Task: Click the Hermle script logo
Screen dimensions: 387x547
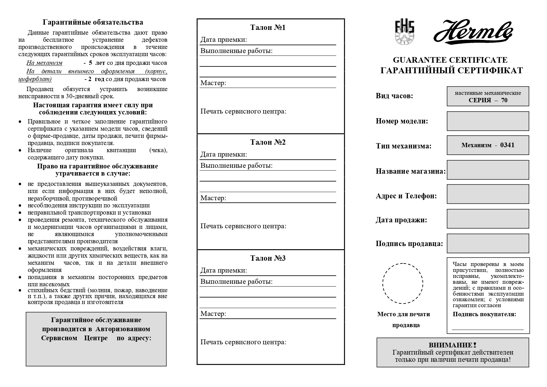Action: pyautogui.click(x=473, y=32)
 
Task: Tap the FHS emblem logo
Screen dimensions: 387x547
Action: pyautogui.click(x=404, y=32)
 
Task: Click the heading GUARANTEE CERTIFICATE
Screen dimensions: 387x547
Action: pyautogui.click(x=450, y=60)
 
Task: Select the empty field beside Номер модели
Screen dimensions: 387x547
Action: pyautogui.click(x=488, y=121)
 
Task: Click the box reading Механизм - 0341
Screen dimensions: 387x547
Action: pyautogui.click(x=488, y=145)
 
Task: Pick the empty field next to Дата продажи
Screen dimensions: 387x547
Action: pyautogui.click(x=488, y=219)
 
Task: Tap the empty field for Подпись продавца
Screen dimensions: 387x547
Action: pyautogui.click(x=488, y=243)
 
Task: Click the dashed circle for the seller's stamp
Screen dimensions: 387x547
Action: pyautogui.click(x=403, y=283)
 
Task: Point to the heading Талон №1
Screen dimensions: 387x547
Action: pyautogui.click(x=268, y=27)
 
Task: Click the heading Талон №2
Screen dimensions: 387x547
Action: pyautogui.click(x=268, y=142)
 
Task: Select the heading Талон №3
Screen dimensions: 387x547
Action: pyautogui.click(x=268, y=258)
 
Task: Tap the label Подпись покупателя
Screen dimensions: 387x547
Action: pyautogui.click(x=484, y=314)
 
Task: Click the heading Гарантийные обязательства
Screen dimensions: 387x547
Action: pyautogui.click(x=93, y=22)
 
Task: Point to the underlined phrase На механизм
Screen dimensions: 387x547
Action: pyautogui.click(x=44, y=63)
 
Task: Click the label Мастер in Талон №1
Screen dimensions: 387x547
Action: pyautogui.click(x=213, y=83)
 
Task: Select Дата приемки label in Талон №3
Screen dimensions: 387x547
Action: pyautogui.click(x=224, y=270)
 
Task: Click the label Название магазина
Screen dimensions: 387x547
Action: pyautogui.click(x=410, y=171)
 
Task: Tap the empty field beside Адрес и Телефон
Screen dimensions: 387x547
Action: pyautogui.click(x=488, y=194)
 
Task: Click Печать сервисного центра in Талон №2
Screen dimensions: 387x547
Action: pyautogui.click(x=243, y=226)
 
